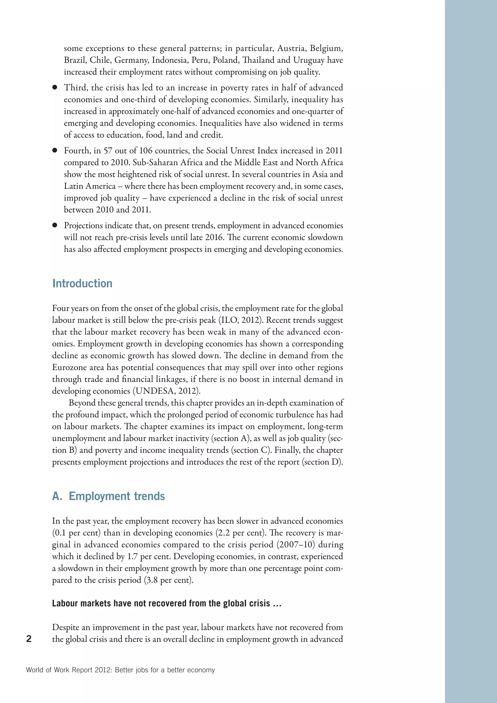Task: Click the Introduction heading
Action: pyautogui.click(x=82, y=284)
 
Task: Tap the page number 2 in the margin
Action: pyautogui.click(x=29, y=639)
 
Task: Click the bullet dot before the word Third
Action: pyautogui.click(x=55, y=88)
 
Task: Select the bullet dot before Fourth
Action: pyautogui.click(x=55, y=150)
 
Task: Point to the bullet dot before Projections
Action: pyautogui.click(x=55, y=225)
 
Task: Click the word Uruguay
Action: pyautogui.click(x=308, y=60)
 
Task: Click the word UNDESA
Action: pyautogui.click(x=156, y=391)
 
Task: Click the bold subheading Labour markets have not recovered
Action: pyautogui.click(x=166, y=603)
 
